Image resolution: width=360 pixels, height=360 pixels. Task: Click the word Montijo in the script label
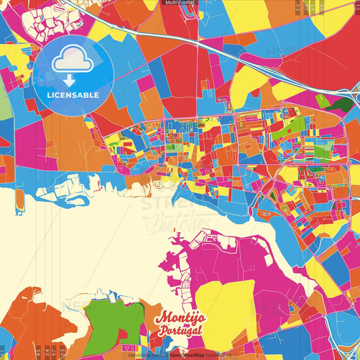pyautogui.click(x=180, y=318)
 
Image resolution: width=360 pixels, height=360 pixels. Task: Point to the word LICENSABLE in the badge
pyautogui.click(x=73, y=95)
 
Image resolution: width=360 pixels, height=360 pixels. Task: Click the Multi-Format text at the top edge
pyautogui.click(x=180, y=3)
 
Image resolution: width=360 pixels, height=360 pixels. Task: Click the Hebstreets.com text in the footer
pyautogui.click(x=145, y=354)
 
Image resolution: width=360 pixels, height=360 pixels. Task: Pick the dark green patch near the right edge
pyautogui.click(x=343, y=104)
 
